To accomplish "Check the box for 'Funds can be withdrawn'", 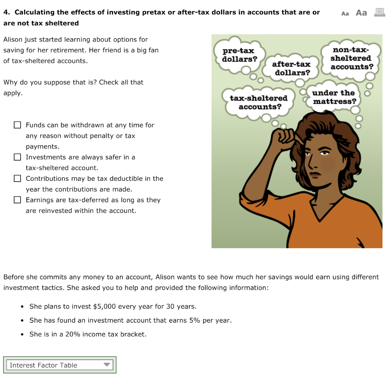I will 17,125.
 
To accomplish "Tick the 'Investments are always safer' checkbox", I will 17,157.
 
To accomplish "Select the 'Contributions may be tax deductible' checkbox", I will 17,179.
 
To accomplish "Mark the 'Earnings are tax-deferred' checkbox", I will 17,200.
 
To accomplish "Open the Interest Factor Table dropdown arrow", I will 107,365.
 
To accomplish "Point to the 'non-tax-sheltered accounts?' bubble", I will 351,58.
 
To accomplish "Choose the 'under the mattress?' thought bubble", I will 334,97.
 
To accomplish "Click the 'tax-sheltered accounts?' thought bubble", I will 259,102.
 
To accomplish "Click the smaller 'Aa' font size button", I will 345,13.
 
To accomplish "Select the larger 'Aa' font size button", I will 361,13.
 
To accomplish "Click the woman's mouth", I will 316,174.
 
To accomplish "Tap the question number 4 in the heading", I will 6,12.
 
